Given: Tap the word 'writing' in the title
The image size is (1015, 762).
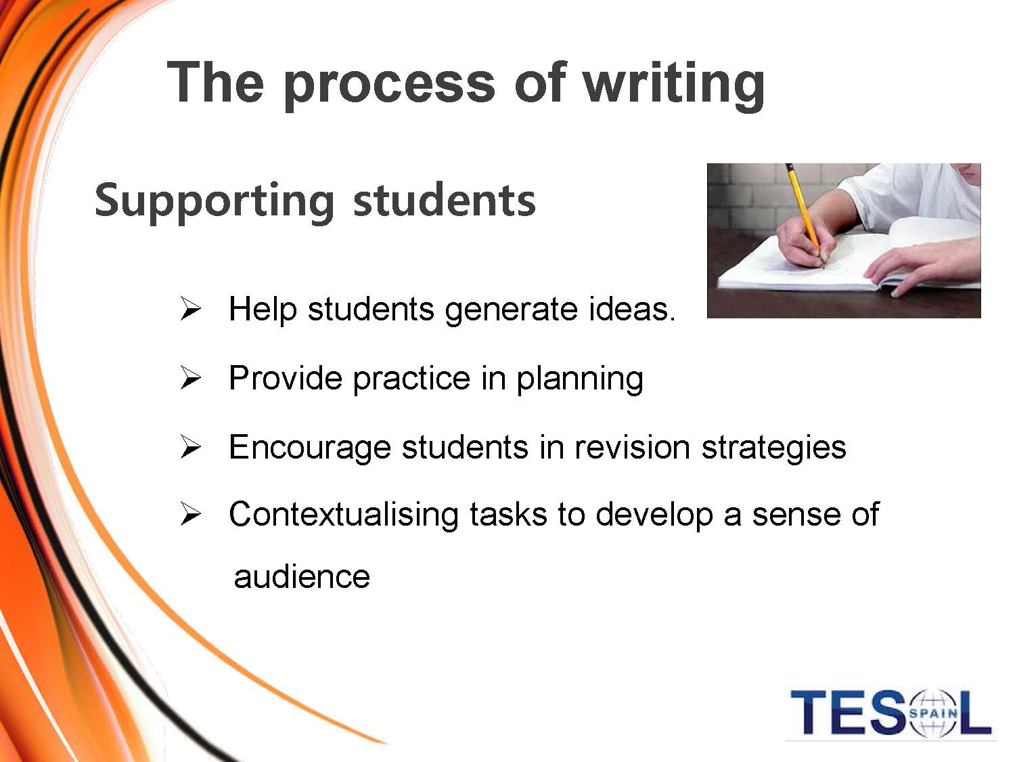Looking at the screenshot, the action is click(x=673, y=85).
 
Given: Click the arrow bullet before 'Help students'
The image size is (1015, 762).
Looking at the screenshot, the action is click(x=191, y=309).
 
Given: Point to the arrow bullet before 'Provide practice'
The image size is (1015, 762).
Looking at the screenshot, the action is click(x=191, y=377).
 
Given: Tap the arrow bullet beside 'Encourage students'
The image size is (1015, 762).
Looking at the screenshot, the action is click(x=191, y=447).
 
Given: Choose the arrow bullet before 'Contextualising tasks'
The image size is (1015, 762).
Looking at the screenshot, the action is click(x=191, y=514).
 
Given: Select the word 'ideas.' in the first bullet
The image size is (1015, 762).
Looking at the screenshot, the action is click(x=632, y=308).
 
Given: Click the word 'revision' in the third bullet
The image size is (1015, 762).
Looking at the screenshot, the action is click(x=633, y=447).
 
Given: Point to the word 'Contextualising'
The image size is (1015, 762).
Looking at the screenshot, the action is click(x=344, y=515).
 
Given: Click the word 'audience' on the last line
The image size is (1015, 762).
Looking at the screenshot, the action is click(x=302, y=576).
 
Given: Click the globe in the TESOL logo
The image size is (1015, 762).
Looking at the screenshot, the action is click(x=933, y=713).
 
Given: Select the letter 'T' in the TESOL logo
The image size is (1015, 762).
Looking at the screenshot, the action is click(x=809, y=713).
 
